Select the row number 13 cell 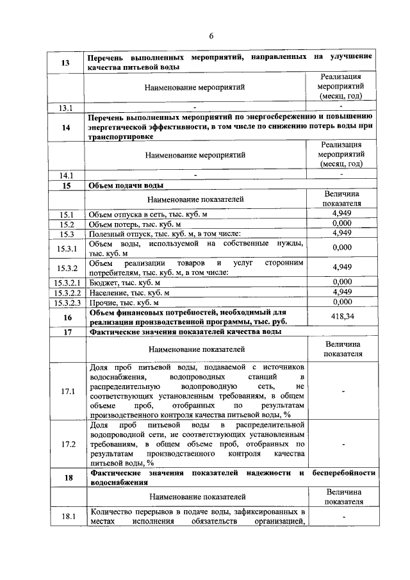(x=65, y=62)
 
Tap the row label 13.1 (x=65, y=108)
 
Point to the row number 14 (x=65, y=127)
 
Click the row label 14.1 (x=65, y=174)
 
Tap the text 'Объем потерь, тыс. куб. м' (x=135, y=224)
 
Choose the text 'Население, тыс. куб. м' (x=129, y=292)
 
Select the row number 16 (x=65, y=317)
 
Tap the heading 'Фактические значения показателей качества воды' (x=186, y=331)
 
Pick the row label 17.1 (x=65, y=391)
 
